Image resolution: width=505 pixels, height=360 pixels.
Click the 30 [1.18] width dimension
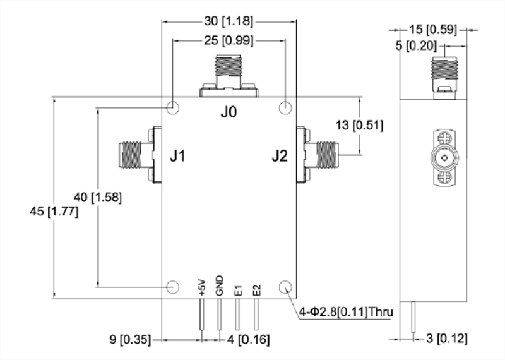[x=229, y=21]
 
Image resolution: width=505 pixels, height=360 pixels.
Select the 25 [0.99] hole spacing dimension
[x=229, y=40]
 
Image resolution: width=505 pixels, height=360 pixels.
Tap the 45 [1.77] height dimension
[x=54, y=212]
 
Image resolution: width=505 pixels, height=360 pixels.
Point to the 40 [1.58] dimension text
[x=98, y=197]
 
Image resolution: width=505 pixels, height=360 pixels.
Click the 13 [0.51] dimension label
[x=359, y=125]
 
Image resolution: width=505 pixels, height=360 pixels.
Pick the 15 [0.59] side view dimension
[x=433, y=30]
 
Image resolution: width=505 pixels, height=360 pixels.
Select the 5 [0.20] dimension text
[x=416, y=46]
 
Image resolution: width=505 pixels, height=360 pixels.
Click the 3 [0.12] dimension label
[x=447, y=339]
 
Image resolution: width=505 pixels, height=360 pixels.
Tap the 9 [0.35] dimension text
[x=130, y=339]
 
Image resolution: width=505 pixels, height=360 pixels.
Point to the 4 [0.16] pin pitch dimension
[x=248, y=339]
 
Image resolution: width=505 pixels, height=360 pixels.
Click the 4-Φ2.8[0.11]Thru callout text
[x=346, y=312]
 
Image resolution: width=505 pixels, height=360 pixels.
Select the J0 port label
[x=229, y=112]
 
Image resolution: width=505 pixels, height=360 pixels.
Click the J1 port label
[x=177, y=156]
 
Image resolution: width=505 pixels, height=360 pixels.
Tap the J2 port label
[x=280, y=156]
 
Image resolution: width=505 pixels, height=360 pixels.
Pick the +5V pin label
[x=202, y=287]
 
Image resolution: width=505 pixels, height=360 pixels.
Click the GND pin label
[x=219, y=285]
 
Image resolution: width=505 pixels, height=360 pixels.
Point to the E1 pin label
[x=238, y=291]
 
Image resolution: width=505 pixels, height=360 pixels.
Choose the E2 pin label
[x=256, y=291]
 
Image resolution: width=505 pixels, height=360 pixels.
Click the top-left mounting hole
[x=172, y=107]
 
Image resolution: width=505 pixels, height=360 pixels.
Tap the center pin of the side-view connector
[x=445, y=158]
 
